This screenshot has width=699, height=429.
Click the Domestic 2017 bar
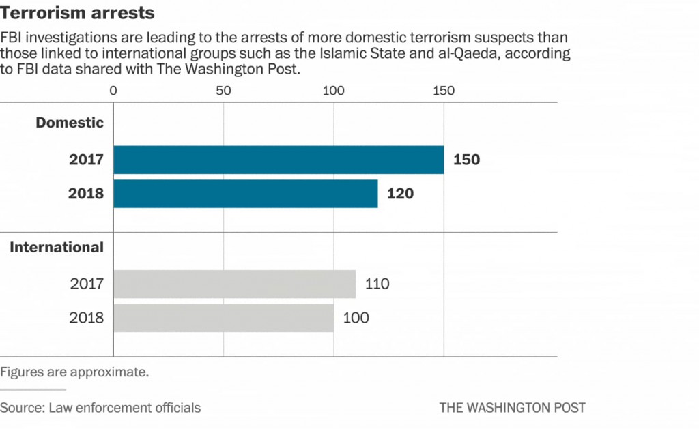[x=279, y=160]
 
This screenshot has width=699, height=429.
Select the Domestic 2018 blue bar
[x=246, y=194]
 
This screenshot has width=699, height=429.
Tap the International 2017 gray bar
[x=234, y=284]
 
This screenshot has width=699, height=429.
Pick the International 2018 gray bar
[x=223, y=318]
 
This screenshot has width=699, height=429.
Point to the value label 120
[x=400, y=194]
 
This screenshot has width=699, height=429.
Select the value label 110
[x=377, y=284]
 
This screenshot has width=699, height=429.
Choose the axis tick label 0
[x=113, y=91]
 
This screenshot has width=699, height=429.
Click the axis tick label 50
[x=223, y=91]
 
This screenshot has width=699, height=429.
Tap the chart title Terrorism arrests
[x=77, y=13]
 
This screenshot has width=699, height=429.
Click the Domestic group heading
[x=70, y=123]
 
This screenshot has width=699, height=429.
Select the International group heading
[x=57, y=248]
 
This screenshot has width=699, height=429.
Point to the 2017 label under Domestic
[x=86, y=160]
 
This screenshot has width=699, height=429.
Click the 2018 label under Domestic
[x=86, y=194]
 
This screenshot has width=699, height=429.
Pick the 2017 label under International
[x=87, y=284]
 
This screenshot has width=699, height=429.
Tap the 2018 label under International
[x=87, y=318]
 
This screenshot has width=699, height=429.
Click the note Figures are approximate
[x=74, y=372]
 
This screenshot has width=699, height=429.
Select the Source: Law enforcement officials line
[x=100, y=408]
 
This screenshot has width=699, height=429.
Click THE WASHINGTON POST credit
[x=512, y=408]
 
